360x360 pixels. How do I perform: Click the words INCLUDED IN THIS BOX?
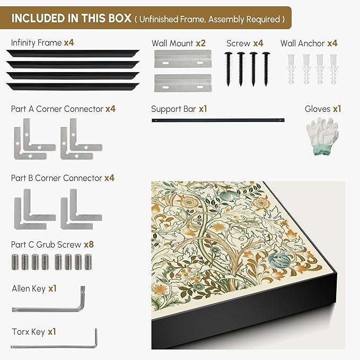pyautogui.click(x=72, y=18)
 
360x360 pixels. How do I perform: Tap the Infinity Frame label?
pyautogui.click(x=36, y=43)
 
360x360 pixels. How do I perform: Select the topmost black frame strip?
pyautogui.click(x=73, y=53)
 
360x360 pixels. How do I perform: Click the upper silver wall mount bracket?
pyautogui.click(x=183, y=59)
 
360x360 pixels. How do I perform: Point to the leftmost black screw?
pyautogui.click(x=228, y=69)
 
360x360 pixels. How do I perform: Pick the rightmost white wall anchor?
pyautogui.click(x=333, y=69)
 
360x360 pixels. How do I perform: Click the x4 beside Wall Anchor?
pyautogui.click(x=332, y=43)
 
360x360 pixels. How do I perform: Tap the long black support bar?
pyautogui.click(x=218, y=120)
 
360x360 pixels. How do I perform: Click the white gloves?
pyautogui.click(x=322, y=136)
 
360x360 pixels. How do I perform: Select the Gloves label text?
pyautogui.click(x=318, y=109)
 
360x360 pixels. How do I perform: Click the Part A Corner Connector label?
pyautogui.click(x=57, y=109)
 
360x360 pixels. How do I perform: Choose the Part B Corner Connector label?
pyautogui.click(x=57, y=178)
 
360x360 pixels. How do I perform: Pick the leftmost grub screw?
pyautogui.click(x=15, y=262)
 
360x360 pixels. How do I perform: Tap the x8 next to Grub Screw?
pyautogui.click(x=89, y=244)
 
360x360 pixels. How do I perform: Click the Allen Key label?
pyautogui.click(x=29, y=288)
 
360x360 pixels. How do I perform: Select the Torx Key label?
pyautogui.click(x=29, y=332)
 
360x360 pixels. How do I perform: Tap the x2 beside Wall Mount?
pyautogui.click(x=200, y=43)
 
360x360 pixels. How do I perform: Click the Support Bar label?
pyautogui.click(x=173, y=109)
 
